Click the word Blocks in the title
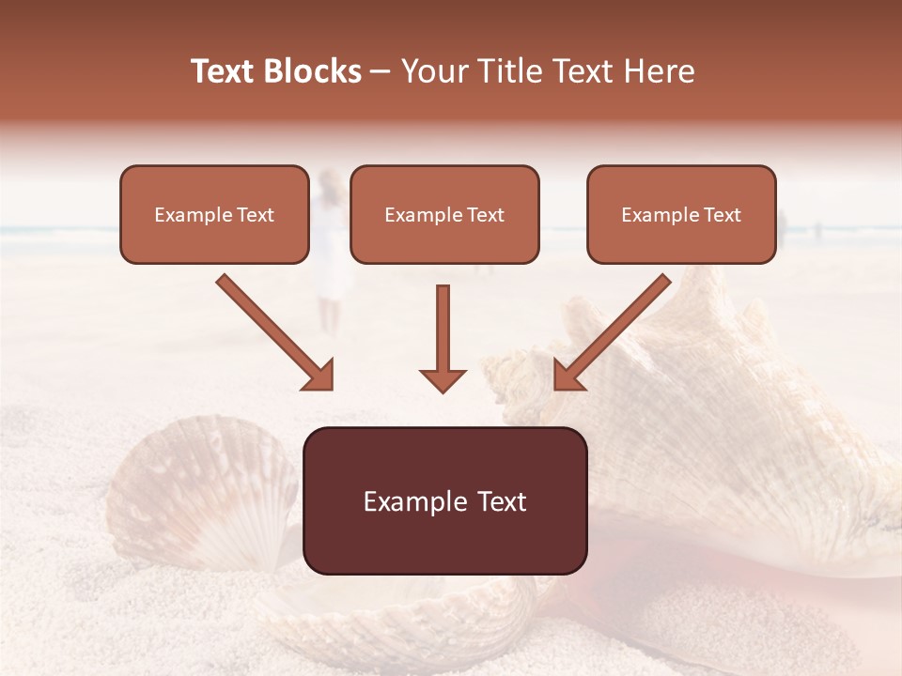315,71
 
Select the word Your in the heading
432,71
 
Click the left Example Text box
214,214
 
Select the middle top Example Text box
444,214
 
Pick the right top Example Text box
681,214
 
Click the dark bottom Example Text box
444,500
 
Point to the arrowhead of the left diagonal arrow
319,376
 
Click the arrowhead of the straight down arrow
443,380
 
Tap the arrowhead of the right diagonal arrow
568,376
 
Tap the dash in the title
381,71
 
